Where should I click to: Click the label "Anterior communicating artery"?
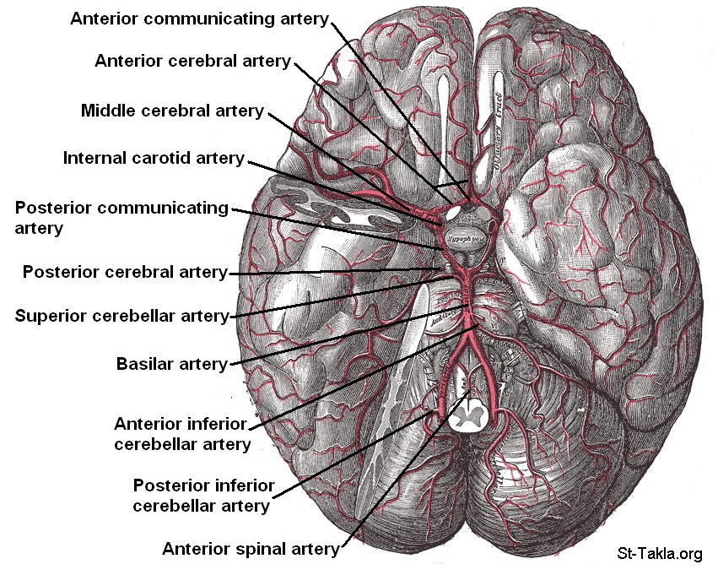tap(200, 19)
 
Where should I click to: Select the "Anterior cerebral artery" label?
tap(193, 61)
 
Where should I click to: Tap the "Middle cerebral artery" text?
tap(173, 111)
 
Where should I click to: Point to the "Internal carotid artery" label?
tap(154, 158)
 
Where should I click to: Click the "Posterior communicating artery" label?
tap(122, 217)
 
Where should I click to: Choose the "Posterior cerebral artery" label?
tap(125, 272)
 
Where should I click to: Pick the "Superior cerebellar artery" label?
tap(122, 317)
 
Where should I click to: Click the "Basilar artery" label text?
tap(172, 364)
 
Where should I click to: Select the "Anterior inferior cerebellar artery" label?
tap(182, 433)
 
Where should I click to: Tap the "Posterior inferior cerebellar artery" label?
tap(202, 496)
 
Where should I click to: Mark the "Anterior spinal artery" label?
tap(251, 549)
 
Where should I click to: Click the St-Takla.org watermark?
tap(659, 554)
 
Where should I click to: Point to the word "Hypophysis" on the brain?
tap(463, 239)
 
